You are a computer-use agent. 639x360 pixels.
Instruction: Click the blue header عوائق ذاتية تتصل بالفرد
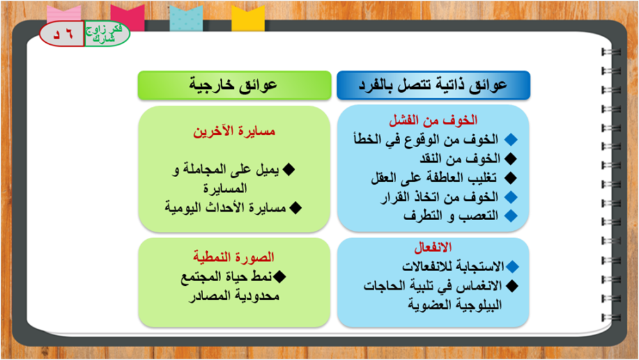pyautogui.click(x=433, y=85)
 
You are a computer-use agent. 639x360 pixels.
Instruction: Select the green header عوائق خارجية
pyautogui.click(x=235, y=85)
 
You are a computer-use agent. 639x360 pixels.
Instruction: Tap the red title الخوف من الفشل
pyautogui.click(x=433, y=120)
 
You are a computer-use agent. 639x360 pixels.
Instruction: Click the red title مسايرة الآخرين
pyautogui.click(x=235, y=131)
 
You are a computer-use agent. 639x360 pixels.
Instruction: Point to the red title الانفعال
pyautogui.click(x=433, y=247)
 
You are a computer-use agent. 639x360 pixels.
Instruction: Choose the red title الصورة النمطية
pyautogui.click(x=233, y=257)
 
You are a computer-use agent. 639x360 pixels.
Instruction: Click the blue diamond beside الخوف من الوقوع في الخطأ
pyautogui.click(x=511, y=139)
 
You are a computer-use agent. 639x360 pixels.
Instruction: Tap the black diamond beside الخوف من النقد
pyautogui.click(x=510, y=159)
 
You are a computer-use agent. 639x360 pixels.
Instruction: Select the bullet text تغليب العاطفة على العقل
pyautogui.click(x=434, y=178)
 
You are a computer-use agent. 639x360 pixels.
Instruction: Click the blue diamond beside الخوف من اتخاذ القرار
pyautogui.click(x=511, y=197)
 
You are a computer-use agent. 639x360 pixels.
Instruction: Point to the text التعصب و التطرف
pyautogui.click(x=450, y=215)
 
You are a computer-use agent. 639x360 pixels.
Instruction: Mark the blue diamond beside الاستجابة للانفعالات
pyautogui.click(x=512, y=267)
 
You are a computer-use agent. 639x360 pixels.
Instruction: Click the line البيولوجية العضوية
pyautogui.click(x=455, y=304)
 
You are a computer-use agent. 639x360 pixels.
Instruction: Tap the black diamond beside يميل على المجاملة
pyautogui.click(x=289, y=169)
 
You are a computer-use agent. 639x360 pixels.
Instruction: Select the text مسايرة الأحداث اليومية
pyautogui.click(x=226, y=208)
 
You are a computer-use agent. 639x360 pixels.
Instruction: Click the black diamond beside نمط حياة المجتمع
pyautogui.click(x=280, y=276)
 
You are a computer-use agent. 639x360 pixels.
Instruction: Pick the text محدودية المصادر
pyautogui.click(x=235, y=295)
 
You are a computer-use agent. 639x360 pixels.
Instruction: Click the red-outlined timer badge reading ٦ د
pyautogui.click(x=62, y=34)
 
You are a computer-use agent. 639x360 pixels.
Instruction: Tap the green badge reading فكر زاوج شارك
pyautogui.click(x=107, y=33)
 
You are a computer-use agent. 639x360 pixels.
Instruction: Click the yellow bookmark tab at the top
pyautogui.click(x=248, y=19)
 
